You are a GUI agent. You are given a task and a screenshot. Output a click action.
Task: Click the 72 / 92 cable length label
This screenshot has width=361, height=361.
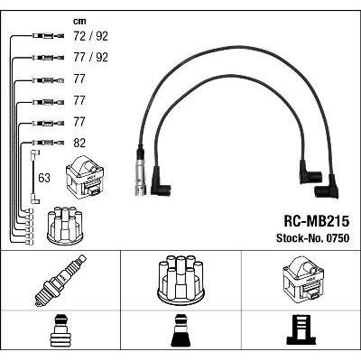[x=90, y=36]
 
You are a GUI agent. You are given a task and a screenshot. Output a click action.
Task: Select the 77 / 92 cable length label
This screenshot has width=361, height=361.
[x=90, y=57]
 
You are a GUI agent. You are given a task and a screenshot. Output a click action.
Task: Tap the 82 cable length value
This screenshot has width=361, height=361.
[x=79, y=143]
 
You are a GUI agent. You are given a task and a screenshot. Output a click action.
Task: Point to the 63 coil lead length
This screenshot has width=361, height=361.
[x=44, y=178]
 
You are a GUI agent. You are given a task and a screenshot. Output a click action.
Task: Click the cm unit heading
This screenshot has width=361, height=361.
[x=79, y=21]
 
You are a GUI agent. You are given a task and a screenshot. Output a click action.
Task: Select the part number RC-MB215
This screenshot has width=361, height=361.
[x=317, y=222]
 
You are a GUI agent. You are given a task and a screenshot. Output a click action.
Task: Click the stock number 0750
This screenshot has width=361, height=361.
[x=337, y=238]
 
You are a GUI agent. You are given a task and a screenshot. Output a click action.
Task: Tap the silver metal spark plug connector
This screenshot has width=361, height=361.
[x=141, y=171]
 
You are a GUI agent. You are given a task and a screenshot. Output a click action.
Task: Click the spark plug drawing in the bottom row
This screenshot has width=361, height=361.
[x=60, y=281]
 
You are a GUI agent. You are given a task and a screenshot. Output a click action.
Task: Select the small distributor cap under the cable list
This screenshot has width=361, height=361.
[x=65, y=225]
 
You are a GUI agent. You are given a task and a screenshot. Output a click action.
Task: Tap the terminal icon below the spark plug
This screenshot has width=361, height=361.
[x=60, y=331]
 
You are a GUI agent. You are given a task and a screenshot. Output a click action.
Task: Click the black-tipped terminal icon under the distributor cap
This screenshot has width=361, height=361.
[x=180, y=331]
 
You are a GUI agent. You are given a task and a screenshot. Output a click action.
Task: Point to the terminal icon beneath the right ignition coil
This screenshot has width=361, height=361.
[x=301, y=331]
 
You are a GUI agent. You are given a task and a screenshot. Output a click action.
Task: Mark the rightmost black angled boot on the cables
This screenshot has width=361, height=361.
[x=328, y=187]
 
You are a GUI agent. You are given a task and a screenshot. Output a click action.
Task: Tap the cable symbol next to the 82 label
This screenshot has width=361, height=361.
[x=48, y=143]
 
